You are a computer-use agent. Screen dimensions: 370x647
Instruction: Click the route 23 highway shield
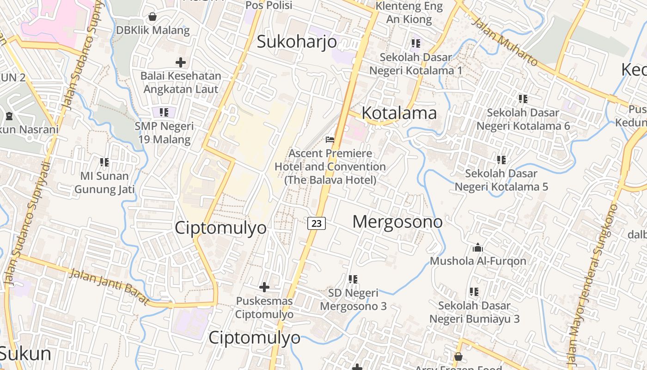(317, 223)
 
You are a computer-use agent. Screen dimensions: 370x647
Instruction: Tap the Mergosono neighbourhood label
(397, 222)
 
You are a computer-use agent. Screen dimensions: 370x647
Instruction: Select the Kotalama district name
(399, 113)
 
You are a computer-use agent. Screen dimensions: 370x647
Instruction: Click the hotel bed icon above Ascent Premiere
(330, 139)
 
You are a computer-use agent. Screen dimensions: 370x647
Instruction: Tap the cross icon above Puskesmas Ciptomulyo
(264, 287)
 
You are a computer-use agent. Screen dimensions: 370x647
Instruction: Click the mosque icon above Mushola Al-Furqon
(478, 248)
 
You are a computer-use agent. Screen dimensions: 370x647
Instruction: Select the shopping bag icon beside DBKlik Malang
(152, 17)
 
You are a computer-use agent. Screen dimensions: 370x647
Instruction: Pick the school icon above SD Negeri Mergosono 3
(353, 279)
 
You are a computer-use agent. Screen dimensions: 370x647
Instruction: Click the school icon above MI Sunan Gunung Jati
(104, 162)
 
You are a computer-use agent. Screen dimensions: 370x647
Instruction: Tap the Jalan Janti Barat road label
(110, 287)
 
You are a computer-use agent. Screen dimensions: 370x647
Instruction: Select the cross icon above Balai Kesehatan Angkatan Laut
(181, 62)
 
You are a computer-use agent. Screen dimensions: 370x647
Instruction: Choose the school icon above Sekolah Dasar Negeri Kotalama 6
(523, 99)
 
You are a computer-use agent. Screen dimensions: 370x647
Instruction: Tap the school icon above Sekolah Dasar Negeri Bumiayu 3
(474, 292)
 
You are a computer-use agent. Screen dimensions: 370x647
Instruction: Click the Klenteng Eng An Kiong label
(409, 12)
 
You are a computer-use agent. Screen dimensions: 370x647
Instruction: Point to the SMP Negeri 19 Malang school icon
(164, 112)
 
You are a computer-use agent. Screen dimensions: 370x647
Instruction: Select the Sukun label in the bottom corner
(25, 354)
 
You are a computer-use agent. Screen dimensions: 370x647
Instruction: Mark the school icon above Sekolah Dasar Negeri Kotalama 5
(501, 160)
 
